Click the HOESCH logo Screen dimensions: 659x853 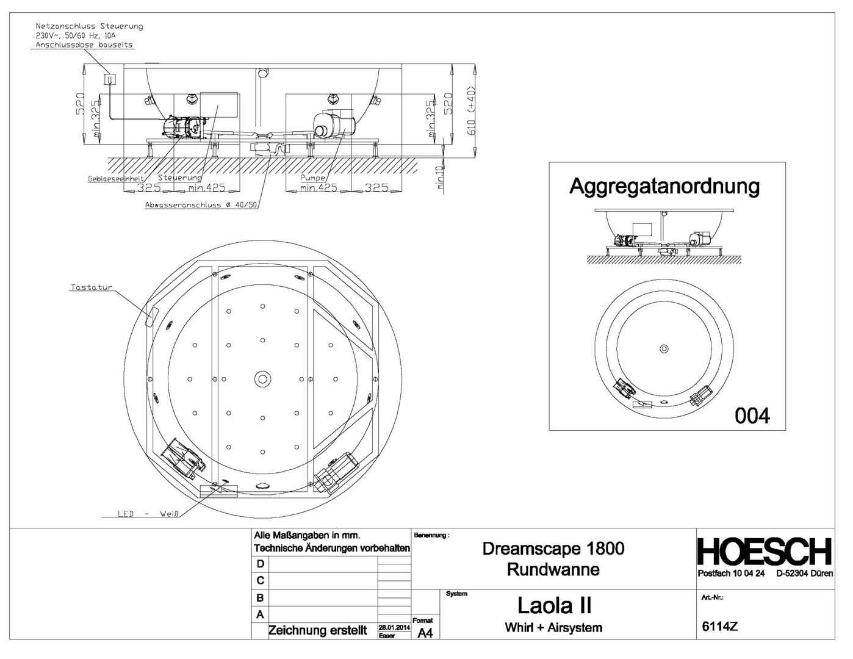pyautogui.click(x=765, y=552)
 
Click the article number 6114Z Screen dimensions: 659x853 pyautogui.click(x=720, y=626)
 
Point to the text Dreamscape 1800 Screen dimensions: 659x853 pyautogui.click(x=553, y=548)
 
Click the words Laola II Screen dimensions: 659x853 pyautogui.click(x=554, y=605)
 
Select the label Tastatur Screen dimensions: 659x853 pyautogui.click(x=92, y=287)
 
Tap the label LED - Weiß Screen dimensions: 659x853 pyautogui.click(x=148, y=514)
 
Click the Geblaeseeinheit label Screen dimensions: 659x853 pyautogui.click(x=116, y=179)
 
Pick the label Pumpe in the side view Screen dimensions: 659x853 pyautogui.click(x=312, y=178)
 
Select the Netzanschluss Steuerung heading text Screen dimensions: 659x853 pyautogui.click(x=89, y=26)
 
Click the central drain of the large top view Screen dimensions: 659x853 pyautogui.click(x=262, y=379)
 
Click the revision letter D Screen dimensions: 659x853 pyautogui.click(x=261, y=564)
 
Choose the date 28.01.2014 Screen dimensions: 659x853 pyautogui.click(x=394, y=627)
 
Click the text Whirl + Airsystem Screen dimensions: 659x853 pyautogui.click(x=553, y=627)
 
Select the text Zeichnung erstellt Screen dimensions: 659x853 pyautogui.click(x=318, y=630)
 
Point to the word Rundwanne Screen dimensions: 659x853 pyautogui.click(x=553, y=569)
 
